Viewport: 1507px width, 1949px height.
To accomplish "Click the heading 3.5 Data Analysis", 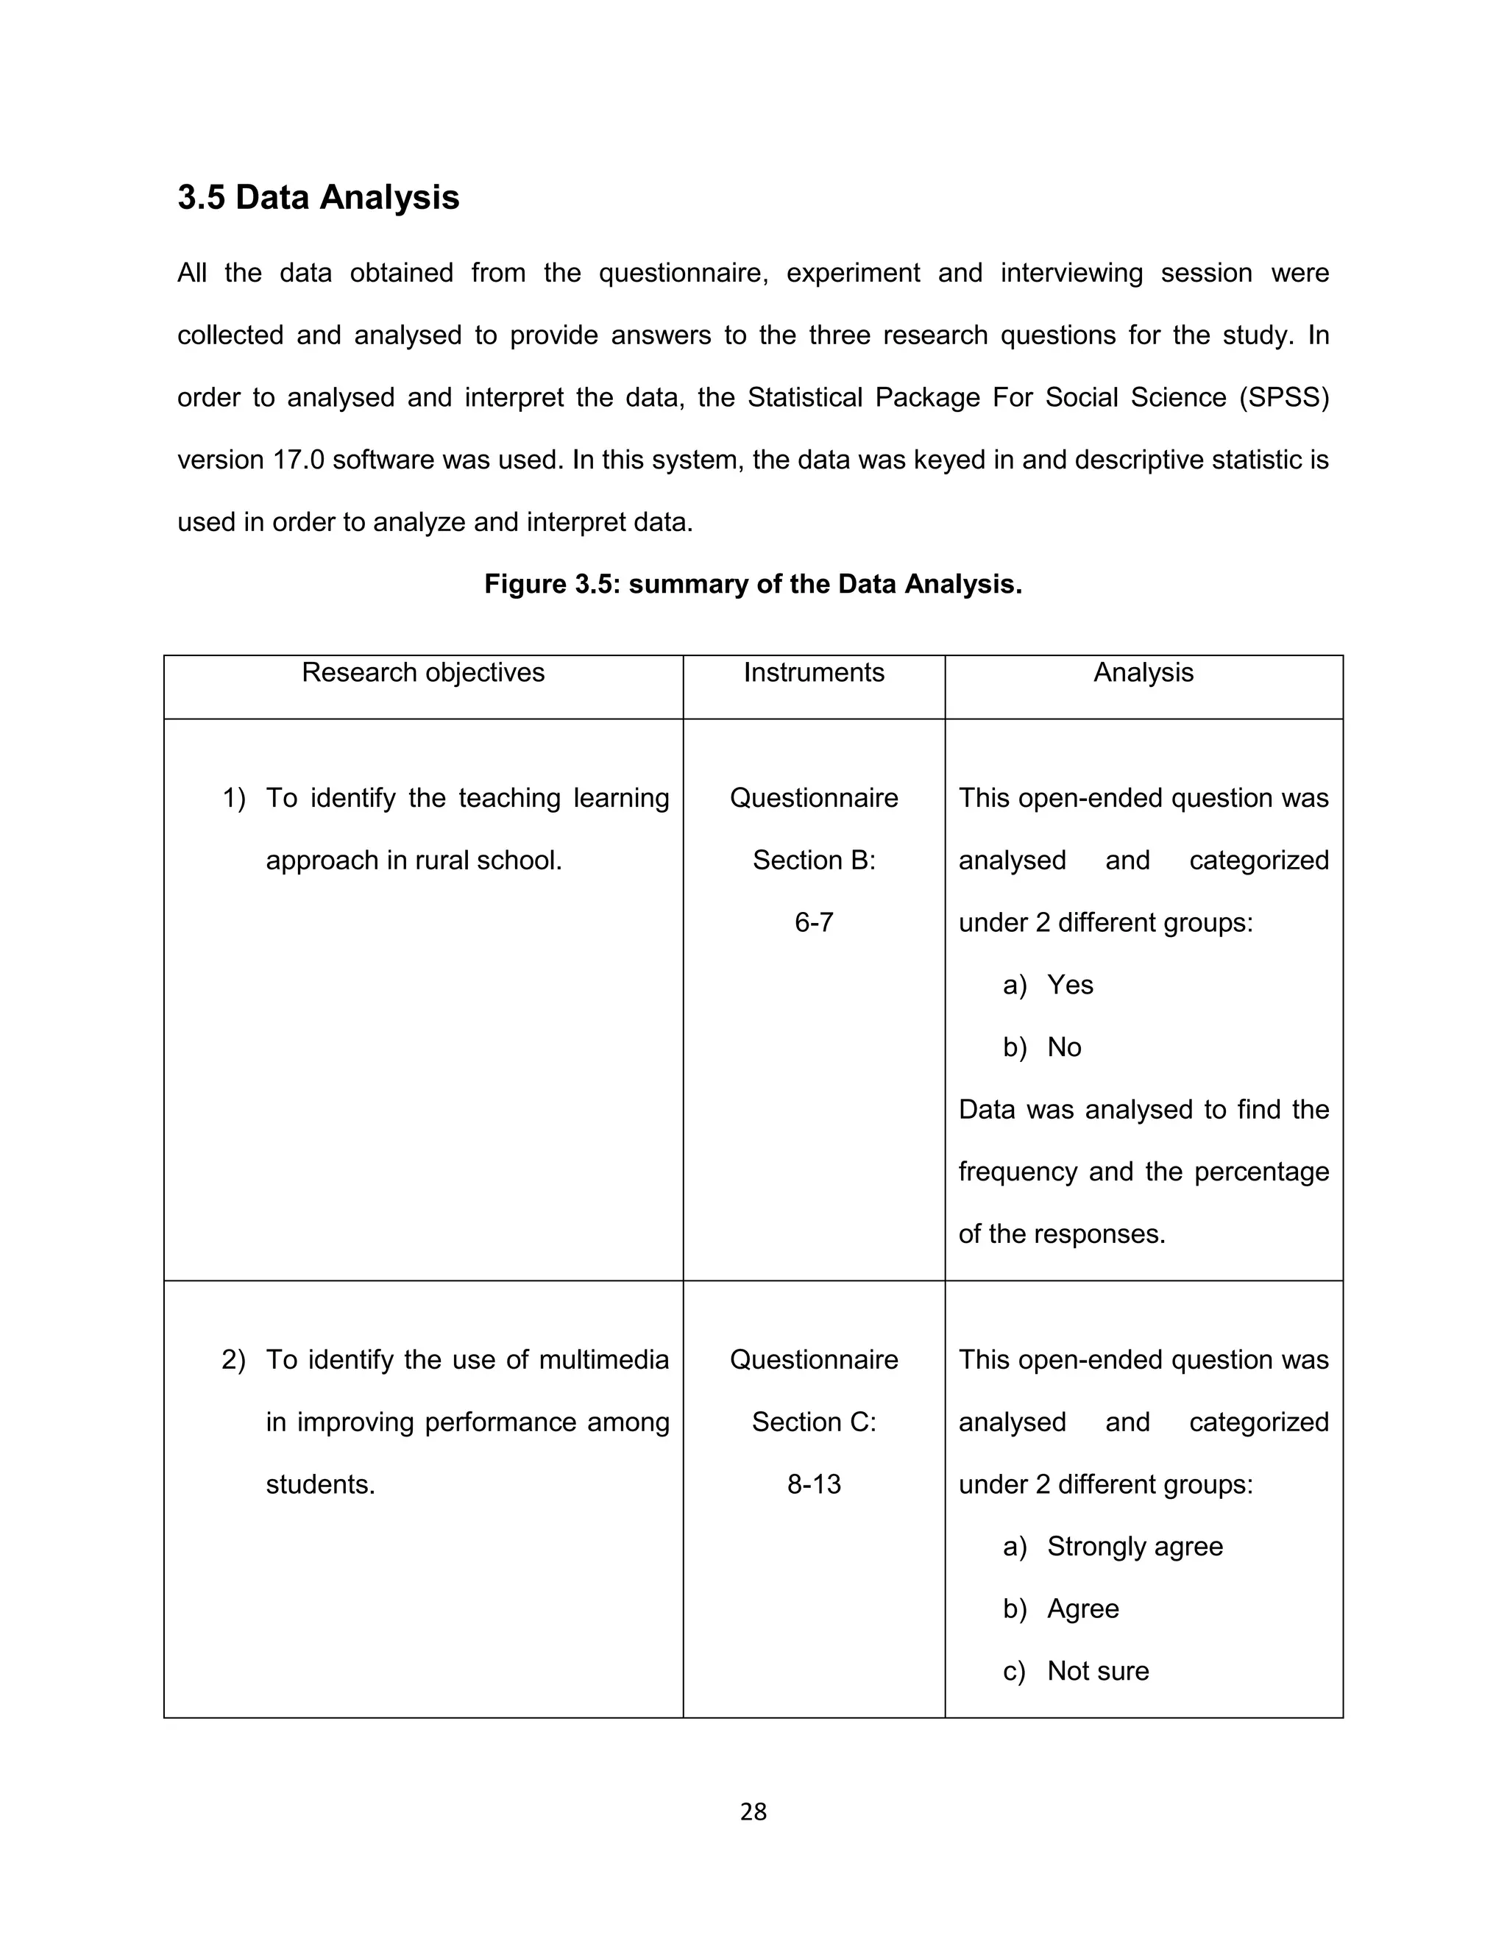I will tap(318, 197).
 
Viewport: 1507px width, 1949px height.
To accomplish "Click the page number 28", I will tap(753, 1811).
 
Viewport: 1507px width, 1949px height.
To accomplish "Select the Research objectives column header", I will tap(423, 672).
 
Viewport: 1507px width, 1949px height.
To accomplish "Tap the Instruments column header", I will tap(813, 672).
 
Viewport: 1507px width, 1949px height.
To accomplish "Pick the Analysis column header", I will tap(1143, 672).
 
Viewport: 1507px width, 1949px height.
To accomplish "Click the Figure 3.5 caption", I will tap(753, 584).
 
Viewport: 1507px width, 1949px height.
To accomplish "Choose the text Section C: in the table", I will tap(813, 1422).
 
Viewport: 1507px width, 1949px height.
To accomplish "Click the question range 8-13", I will tap(813, 1484).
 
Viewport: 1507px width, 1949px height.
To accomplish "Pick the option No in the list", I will tap(1064, 1047).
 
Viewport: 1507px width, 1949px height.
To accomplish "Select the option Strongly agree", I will tap(1135, 1547).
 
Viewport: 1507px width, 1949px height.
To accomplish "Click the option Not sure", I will tap(1098, 1670).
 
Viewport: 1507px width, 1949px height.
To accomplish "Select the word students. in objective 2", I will tap(321, 1484).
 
